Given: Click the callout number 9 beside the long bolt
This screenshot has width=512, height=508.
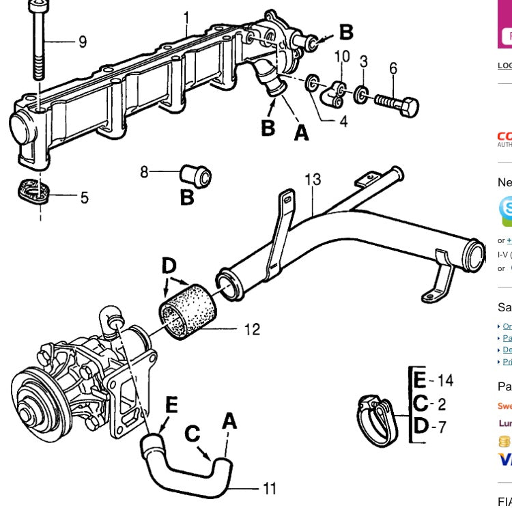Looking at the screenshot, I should (83, 42).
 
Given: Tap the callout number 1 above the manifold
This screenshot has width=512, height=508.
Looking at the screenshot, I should (186, 15).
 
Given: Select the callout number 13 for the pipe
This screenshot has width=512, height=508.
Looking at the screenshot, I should (312, 180).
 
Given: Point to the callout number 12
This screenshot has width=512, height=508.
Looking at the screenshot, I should (251, 329).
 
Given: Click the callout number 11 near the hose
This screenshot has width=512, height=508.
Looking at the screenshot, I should (270, 488).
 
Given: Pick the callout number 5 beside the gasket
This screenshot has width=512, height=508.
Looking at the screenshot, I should (84, 198).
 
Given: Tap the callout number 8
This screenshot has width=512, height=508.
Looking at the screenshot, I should (144, 173).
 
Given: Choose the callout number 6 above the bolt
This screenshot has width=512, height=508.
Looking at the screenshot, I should (393, 68).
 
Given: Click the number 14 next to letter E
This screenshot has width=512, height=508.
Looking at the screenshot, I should (445, 380).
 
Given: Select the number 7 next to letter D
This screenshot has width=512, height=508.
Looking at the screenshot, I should (442, 427).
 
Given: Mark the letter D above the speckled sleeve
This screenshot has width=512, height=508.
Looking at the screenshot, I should (169, 266).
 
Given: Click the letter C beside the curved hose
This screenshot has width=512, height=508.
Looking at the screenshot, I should (193, 435).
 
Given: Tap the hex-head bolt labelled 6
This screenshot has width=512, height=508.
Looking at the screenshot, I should (396, 104).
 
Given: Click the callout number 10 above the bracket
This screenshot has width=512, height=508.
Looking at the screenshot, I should (342, 56).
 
